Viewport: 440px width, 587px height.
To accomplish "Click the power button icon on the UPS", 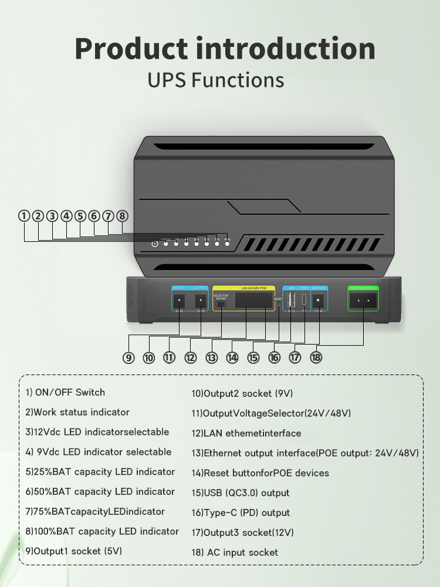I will [x=154, y=244].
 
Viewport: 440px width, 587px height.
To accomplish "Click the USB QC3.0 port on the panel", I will [x=290, y=301].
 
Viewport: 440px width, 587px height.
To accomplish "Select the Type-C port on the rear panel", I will [x=304, y=301].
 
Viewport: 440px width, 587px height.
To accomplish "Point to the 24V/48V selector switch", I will [x=221, y=304].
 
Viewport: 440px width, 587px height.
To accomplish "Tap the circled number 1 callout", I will [x=24, y=216].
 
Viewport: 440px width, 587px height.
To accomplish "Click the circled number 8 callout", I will [x=122, y=216].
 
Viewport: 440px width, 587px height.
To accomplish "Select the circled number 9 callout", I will [x=128, y=357].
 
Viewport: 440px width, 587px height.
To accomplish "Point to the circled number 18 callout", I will [x=316, y=357].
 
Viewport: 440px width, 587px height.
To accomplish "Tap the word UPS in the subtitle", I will [x=167, y=80].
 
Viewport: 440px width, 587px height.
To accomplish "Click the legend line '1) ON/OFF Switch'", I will [x=65, y=392].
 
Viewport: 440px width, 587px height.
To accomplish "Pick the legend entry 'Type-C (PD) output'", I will [x=241, y=512].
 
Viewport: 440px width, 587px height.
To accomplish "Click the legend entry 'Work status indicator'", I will [x=77, y=412].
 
